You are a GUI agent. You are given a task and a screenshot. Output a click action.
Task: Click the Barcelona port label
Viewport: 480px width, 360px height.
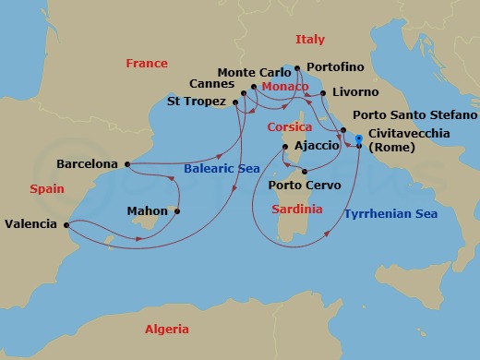[x=87, y=163]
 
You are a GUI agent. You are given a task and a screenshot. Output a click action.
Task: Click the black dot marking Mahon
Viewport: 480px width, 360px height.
[x=176, y=210]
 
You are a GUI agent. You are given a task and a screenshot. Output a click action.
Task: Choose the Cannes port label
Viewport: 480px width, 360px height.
[x=213, y=84]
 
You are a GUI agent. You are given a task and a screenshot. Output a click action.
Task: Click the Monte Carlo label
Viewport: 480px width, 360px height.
[x=247, y=72]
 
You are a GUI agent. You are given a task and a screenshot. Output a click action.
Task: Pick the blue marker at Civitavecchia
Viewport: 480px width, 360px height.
[x=359, y=139]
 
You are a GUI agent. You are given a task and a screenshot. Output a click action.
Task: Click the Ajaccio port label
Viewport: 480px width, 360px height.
[x=318, y=147]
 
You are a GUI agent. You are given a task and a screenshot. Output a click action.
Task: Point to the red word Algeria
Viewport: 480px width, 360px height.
[x=166, y=330]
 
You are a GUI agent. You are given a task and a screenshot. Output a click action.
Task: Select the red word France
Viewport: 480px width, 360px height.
[x=147, y=64]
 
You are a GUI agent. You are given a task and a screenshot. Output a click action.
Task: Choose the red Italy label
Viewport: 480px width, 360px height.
[x=309, y=40]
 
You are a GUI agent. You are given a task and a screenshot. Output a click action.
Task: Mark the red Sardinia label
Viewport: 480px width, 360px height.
[x=297, y=210]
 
